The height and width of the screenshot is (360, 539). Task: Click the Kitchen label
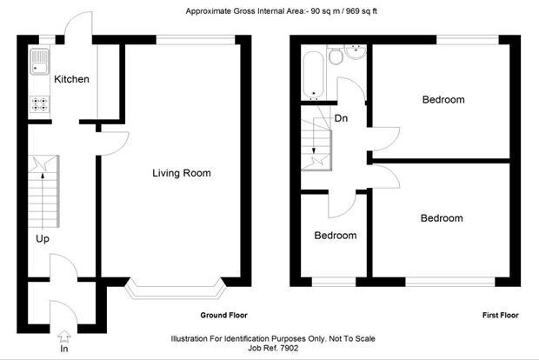coord(71,79)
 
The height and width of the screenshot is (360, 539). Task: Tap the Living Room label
coord(182,173)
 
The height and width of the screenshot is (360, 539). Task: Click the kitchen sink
coord(39,62)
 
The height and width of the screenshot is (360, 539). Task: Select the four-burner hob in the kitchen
coord(39,103)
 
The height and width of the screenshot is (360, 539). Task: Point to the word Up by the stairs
coord(43,239)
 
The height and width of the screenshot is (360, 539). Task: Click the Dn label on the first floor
coord(341,118)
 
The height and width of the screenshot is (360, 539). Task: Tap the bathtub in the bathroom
coord(313,75)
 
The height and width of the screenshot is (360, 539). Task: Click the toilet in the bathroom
coord(336,56)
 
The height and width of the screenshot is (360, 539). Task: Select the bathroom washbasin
coord(356,52)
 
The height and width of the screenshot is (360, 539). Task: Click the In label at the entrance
coord(64,349)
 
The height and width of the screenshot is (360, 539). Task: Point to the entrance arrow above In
coord(64,337)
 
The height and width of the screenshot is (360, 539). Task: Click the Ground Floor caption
coord(223,316)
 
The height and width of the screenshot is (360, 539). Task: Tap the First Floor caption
coord(500,316)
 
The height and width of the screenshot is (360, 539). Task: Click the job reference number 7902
coord(289,348)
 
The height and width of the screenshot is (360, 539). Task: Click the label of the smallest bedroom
coord(336,236)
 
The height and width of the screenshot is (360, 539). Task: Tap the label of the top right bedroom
coord(443,100)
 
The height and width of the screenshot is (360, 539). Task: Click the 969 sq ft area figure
coord(362,11)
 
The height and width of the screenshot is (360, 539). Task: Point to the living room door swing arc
coord(124,146)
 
